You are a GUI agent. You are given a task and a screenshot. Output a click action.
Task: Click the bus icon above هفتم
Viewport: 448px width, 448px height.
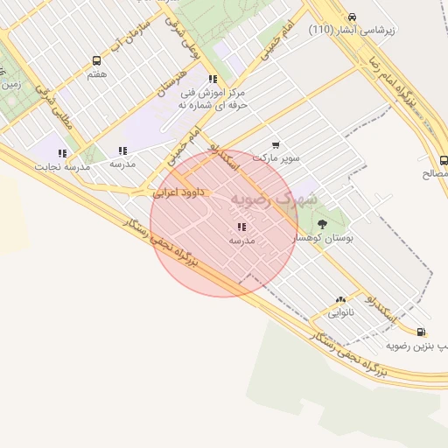(96, 61)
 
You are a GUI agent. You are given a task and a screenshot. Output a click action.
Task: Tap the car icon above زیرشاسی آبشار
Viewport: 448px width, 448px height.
(352, 17)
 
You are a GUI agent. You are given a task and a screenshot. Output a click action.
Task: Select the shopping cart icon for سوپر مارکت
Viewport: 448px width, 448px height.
(276, 145)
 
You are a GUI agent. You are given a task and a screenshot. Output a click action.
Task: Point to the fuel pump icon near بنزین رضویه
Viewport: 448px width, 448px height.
(423, 332)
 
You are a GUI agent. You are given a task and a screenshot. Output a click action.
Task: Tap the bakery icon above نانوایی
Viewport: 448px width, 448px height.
(340, 298)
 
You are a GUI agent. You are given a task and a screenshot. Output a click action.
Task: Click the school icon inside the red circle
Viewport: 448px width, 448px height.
(241, 227)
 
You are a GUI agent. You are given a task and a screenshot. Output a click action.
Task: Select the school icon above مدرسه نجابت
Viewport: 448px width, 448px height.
(63, 152)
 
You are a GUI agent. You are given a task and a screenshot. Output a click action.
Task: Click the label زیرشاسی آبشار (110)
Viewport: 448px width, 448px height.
(352, 30)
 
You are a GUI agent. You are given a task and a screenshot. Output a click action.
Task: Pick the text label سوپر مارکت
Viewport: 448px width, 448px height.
(276, 158)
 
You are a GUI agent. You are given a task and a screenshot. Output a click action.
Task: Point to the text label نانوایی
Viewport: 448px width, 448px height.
(340, 311)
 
